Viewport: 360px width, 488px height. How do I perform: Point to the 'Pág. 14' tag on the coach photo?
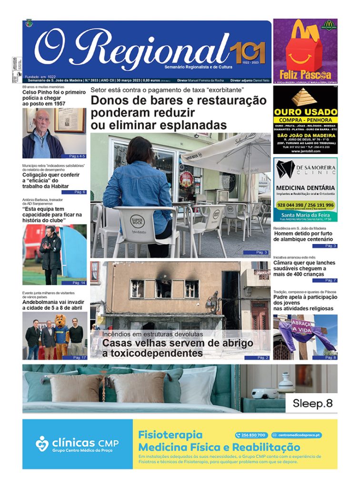click(x=79, y=283)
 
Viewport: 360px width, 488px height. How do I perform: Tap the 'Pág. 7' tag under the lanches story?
click(x=330, y=280)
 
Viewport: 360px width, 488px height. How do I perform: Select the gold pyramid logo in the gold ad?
click(x=305, y=97)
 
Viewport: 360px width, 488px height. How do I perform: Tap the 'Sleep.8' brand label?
click(x=312, y=403)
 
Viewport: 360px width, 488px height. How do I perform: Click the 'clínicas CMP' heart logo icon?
click(x=42, y=443)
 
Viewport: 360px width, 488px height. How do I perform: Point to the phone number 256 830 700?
click(x=251, y=435)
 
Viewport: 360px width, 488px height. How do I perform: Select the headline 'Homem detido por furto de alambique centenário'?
click(x=305, y=236)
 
